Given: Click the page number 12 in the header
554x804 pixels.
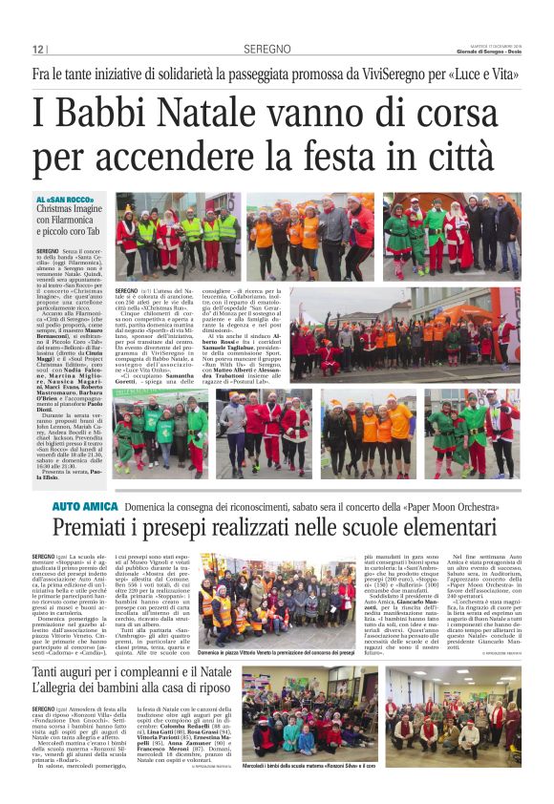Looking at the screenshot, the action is [x=37, y=50].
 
